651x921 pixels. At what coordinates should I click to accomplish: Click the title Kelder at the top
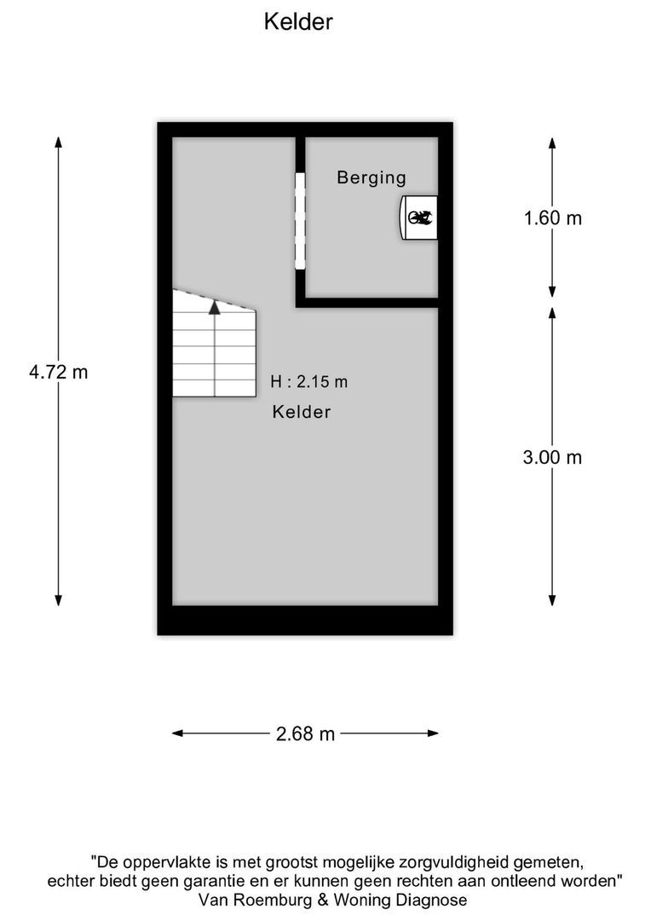pyautogui.click(x=297, y=22)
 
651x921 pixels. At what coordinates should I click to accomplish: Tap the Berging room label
pyautogui.click(x=371, y=178)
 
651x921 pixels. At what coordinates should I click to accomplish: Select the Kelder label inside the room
pyautogui.click(x=302, y=413)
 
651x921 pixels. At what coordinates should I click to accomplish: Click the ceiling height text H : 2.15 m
pyautogui.click(x=308, y=382)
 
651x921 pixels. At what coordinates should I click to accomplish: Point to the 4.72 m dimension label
pyautogui.click(x=58, y=372)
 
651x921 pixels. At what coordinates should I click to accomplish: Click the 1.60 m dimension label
pyautogui.click(x=552, y=218)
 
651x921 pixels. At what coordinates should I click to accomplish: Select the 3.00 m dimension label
pyautogui.click(x=552, y=457)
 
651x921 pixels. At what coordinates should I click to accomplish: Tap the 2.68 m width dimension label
pyautogui.click(x=305, y=733)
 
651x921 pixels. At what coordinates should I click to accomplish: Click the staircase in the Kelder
pyautogui.click(x=214, y=345)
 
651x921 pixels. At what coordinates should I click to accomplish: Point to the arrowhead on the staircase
pyautogui.click(x=215, y=307)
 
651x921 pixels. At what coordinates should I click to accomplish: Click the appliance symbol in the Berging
pyautogui.click(x=419, y=218)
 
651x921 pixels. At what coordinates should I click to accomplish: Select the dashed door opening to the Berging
pyautogui.click(x=300, y=220)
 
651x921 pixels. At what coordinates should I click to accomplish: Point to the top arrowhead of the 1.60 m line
pyautogui.click(x=552, y=143)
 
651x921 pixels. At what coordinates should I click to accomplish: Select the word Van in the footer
pyautogui.click(x=211, y=901)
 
